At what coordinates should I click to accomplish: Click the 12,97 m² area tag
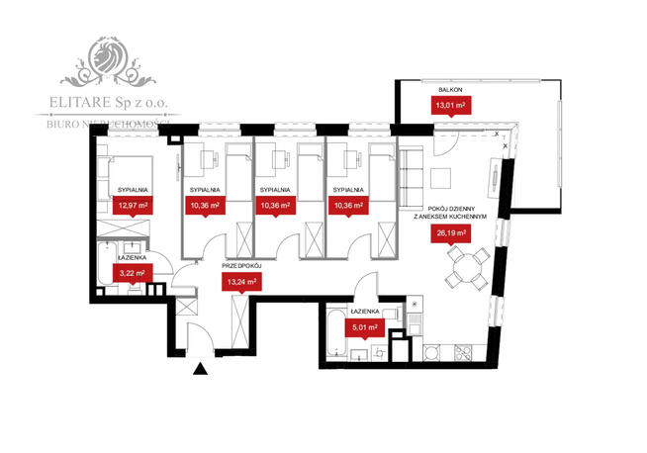click(x=132, y=206)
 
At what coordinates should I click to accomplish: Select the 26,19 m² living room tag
click(x=448, y=233)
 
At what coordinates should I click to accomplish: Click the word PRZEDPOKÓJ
click(x=241, y=264)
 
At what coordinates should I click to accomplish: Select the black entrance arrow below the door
click(x=202, y=370)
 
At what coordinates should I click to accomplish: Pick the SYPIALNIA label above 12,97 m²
click(x=132, y=188)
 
